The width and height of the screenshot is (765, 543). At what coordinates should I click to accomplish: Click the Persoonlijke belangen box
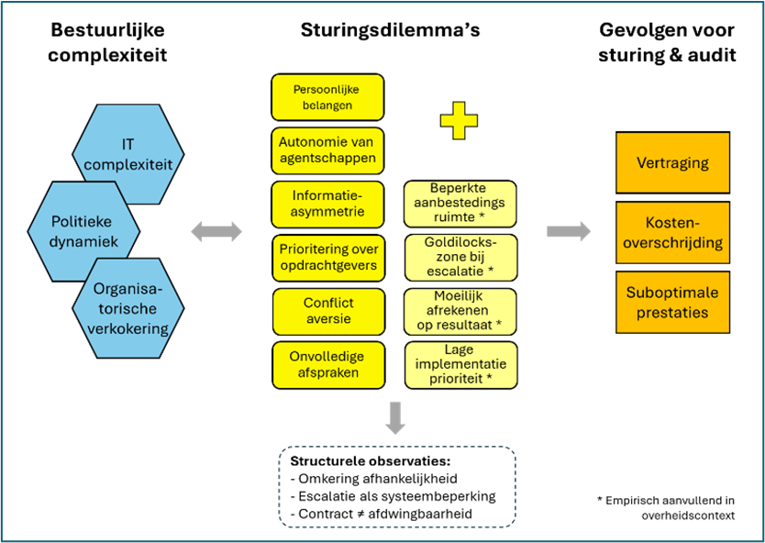(327, 97)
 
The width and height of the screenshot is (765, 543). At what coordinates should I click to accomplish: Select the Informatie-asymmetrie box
(327, 204)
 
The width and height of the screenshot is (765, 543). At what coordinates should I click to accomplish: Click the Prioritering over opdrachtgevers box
(327, 258)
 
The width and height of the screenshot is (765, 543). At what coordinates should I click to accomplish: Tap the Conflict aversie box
(327, 311)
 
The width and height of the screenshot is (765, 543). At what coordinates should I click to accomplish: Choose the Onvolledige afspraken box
(327, 364)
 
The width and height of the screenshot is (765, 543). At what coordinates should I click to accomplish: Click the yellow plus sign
(459, 120)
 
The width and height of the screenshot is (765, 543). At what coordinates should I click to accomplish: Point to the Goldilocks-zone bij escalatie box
(460, 257)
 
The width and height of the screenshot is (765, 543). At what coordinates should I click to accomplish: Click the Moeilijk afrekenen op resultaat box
(460, 311)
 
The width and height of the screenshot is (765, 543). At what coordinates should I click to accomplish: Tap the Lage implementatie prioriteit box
(460, 364)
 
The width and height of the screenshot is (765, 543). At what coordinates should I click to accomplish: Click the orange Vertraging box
(672, 162)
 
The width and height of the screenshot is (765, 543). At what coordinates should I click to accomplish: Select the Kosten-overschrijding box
(672, 233)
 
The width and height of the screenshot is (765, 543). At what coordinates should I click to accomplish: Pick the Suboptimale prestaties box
(672, 303)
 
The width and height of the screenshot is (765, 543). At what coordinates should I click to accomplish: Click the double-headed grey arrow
(216, 232)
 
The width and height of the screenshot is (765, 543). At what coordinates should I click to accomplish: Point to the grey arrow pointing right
(569, 231)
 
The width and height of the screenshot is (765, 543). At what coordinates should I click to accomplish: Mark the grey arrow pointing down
(395, 417)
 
